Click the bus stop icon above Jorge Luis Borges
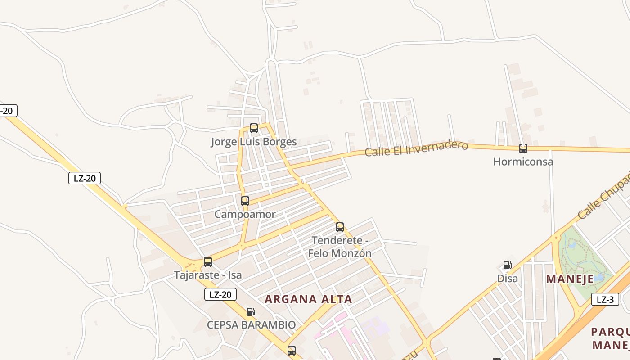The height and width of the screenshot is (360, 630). click(254, 128)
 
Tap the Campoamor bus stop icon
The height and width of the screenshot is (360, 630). click(245, 201)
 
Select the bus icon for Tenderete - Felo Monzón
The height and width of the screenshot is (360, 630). click(340, 227)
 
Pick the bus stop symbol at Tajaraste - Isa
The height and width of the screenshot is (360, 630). click(208, 261)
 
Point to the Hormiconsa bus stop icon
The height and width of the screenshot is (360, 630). click(523, 148)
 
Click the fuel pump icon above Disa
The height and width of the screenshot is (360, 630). click(507, 265)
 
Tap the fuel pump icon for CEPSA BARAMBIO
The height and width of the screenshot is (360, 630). click(251, 311)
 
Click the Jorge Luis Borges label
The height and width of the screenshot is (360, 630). click(254, 142)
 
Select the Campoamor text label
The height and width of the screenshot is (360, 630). click(245, 215)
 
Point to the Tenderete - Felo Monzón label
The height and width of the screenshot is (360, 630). click(340, 247)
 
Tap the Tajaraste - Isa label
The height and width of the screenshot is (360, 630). click(208, 275)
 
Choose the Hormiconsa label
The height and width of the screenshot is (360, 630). click(523, 162)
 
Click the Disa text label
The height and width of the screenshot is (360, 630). click(508, 279)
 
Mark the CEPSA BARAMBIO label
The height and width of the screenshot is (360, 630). click(251, 325)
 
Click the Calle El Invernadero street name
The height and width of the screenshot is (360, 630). click(416, 148)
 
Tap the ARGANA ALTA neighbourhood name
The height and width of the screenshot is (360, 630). click(308, 299)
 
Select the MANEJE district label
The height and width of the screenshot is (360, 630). click(570, 279)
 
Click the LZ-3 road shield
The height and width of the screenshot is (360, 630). click(605, 299)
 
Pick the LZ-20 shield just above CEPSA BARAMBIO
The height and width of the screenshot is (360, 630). click(220, 295)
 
